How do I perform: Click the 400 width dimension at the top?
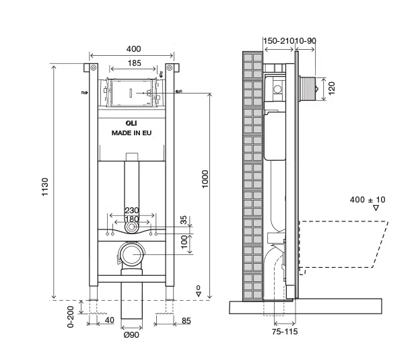(133, 49)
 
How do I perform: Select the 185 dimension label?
(134, 63)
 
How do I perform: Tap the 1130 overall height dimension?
(45, 187)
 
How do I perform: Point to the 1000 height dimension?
(205, 179)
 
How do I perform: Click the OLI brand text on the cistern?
(131, 123)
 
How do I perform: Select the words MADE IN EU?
(131, 133)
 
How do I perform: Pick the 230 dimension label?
(132, 211)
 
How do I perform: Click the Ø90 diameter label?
(131, 335)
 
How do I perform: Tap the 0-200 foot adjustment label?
(70, 317)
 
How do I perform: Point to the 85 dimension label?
(186, 321)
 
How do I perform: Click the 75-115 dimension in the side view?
(285, 331)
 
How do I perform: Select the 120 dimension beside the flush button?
(332, 88)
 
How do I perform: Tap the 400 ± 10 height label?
(368, 199)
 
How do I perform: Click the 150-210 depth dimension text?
(279, 41)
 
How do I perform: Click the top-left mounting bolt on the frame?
(94, 68)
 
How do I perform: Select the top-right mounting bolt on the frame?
(170, 68)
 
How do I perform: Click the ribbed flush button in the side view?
(307, 89)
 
